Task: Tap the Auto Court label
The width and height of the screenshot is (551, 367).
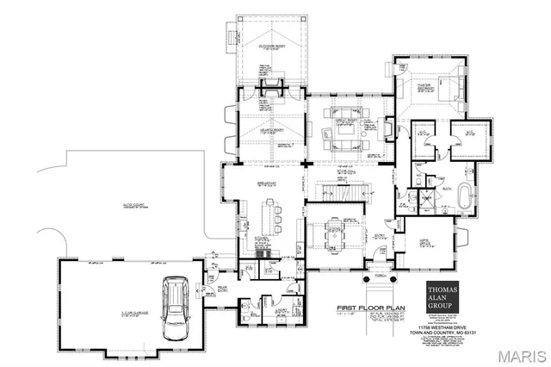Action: tap(127, 195)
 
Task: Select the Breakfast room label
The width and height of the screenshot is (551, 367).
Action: tap(266, 183)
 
